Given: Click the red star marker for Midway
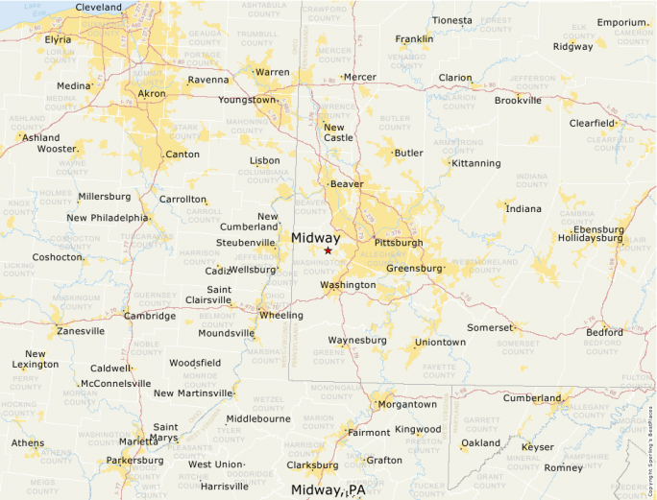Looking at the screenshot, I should coord(328,250).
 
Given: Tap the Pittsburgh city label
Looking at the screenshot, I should coord(398,243).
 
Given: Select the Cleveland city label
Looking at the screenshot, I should coord(98,8).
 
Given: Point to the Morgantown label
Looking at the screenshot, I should coord(406,404).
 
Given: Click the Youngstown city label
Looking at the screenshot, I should coord(247,100).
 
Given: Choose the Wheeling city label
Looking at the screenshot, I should coord(280,315).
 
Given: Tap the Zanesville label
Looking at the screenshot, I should coord(81,331).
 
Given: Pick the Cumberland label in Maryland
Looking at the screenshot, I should coord(531,397).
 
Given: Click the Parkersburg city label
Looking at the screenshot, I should coord(134,460).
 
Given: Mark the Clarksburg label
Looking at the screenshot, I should coord(312,465).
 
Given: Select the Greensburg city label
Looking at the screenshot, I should coord(414,269).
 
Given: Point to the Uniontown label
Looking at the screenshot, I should coord(440,343).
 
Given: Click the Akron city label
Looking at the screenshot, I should coord(152,93).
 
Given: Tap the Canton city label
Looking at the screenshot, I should coord(182,155).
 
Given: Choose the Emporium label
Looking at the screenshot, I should coord(621,22).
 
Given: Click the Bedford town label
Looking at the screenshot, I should coord(604,332).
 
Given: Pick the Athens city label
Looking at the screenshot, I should coord(27,443).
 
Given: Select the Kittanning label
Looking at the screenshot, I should coord(475,163).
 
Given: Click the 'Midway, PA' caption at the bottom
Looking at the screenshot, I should coord(328,490).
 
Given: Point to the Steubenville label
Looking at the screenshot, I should coord(246,243).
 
